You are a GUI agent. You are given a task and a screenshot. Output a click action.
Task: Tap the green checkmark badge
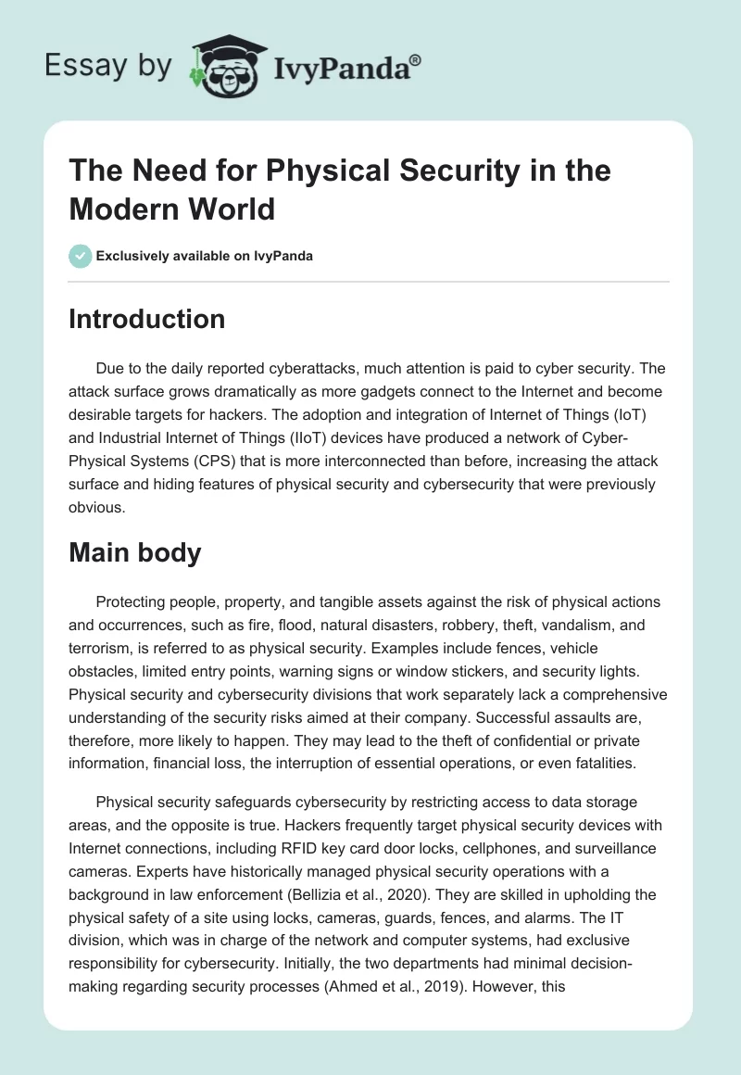click(81, 256)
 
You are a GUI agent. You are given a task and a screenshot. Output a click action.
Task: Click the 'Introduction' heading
click(147, 319)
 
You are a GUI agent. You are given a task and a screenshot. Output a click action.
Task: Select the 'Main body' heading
click(134, 553)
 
